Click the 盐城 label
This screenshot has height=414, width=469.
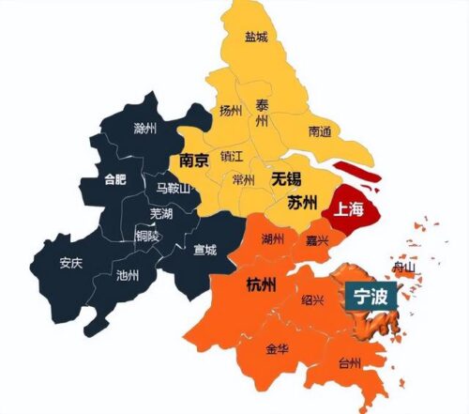pyautogui.click(x=255, y=38)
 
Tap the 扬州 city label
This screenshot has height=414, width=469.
pyautogui.click(x=231, y=111)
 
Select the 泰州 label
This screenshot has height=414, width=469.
pyautogui.click(x=263, y=114)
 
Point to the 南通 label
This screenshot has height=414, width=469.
pyautogui.click(x=319, y=130)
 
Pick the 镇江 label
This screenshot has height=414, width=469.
pyautogui.click(x=232, y=156)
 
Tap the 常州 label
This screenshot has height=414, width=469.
pyautogui.click(x=242, y=179)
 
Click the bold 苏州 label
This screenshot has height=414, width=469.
pyautogui.click(x=301, y=201)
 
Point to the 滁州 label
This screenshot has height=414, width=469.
pyautogui.click(x=145, y=127)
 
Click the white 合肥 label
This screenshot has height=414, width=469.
pyautogui.click(x=113, y=178)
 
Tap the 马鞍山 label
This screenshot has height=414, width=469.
pyautogui.click(x=173, y=188)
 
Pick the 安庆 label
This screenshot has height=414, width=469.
pyautogui.click(x=71, y=263)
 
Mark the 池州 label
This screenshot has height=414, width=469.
pyautogui.click(x=127, y=276)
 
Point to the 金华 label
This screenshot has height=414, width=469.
pyautogui.click(x=278, y=349)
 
